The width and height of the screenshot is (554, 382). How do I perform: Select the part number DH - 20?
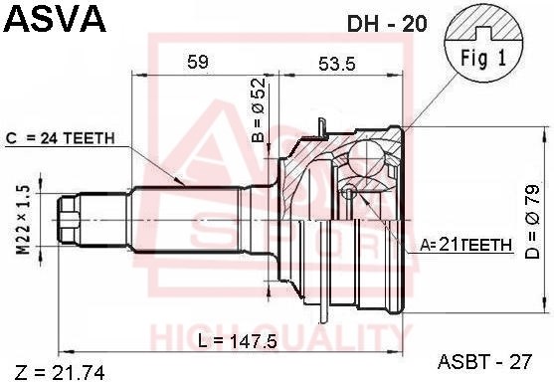(387, 24)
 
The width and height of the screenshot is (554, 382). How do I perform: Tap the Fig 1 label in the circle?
(483, 58)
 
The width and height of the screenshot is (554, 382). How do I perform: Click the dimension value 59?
(198, 62)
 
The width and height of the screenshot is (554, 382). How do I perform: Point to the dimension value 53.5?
(336, 64)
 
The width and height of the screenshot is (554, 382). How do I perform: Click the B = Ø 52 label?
(259, 109)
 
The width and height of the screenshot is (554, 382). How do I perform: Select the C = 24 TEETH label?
(61, 138)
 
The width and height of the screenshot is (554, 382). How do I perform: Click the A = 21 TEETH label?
(465, 245)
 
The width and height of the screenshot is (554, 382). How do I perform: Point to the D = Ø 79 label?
(532, 222)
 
